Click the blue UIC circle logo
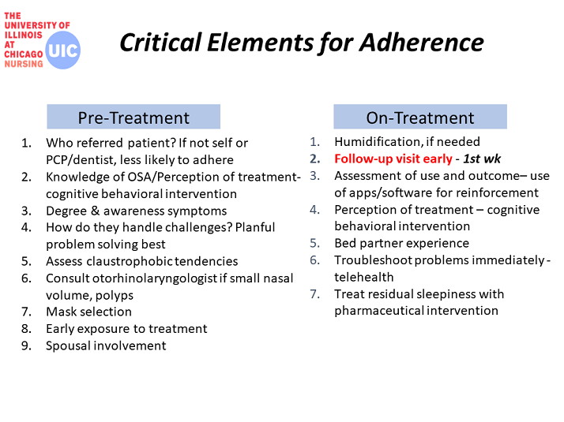tap(63, 50)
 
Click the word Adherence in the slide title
tap(422, 43)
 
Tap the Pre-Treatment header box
tap(133, 117)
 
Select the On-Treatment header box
tap(420, 117)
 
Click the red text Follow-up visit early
tap(393, 159)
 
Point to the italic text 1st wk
tap(482, 159)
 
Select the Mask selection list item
tap(88, 312)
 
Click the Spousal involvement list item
tap(106, 345)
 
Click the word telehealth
tap(364, 277)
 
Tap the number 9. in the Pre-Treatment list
tap(26, 345)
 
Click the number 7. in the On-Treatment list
tap(314, 294)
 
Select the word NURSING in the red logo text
tap(24, 64)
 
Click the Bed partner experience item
tap(402, 243)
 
